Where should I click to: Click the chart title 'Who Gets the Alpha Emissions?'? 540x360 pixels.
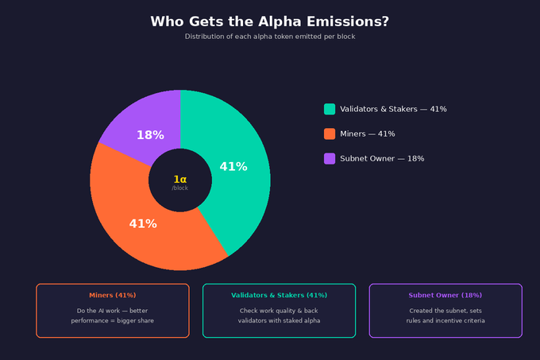coord(270,21)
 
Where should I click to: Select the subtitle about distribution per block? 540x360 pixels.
coord(270,37)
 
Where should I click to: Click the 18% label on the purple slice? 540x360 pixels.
coord(150,135)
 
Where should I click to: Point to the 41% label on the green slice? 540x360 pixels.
coord(233,167)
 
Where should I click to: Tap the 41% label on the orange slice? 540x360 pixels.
coord(143,224)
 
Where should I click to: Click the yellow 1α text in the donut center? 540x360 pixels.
coord(180,180)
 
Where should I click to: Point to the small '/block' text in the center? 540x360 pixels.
coord(180,188)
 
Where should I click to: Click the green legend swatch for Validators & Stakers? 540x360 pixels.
coord(330,109)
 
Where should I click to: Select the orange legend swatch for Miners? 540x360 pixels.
coord(330,134)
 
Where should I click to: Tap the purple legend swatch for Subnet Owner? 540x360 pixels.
coord(330,158)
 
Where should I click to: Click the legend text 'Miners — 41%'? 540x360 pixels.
coord(368,134)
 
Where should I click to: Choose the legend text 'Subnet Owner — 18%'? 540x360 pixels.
coord(382,158)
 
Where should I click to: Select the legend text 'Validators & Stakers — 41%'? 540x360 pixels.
coord(393,109)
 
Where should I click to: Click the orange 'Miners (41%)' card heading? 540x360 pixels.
coord(113,296)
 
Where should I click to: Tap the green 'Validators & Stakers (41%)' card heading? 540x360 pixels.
coord(279,296)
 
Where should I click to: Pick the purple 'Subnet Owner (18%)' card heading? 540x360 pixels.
coord(445,296)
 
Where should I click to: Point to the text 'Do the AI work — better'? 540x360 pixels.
coord(113,311)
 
